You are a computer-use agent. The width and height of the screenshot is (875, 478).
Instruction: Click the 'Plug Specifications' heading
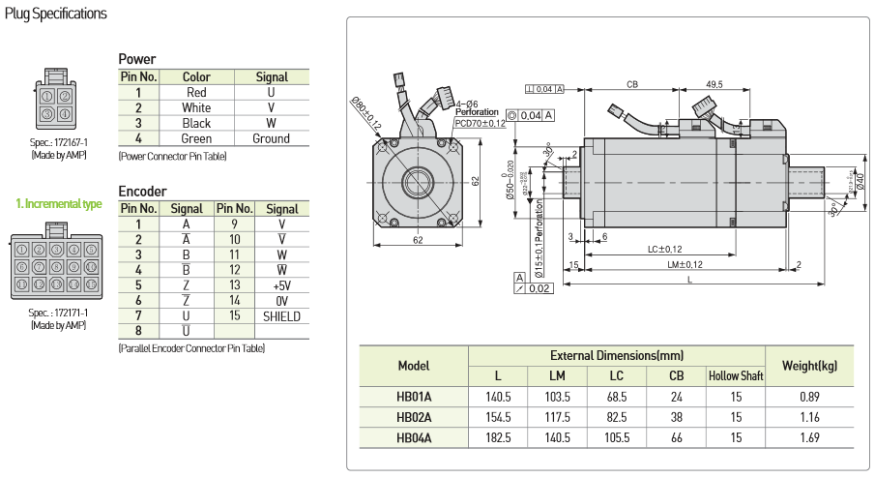(x=56, y=14)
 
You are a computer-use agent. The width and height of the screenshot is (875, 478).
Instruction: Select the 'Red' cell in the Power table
(x=196, y=93)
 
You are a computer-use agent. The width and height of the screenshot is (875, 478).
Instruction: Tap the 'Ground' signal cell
(x=272, y=139)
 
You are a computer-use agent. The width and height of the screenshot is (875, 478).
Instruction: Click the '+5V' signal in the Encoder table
(x=281, y=285)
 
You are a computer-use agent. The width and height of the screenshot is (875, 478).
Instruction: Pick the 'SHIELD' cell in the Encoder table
(x=281, y=316)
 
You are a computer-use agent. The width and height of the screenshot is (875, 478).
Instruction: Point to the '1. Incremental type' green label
(x=59, y=204)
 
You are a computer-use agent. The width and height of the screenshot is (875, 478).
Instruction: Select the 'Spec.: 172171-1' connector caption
(x=58, y=313)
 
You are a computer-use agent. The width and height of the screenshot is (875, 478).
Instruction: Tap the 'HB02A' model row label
(x=414, y=417)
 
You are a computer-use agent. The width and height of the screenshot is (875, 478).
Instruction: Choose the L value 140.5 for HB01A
(x=497, y=396)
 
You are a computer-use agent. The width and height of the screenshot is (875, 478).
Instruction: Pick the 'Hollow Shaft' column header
(x=737, y=375)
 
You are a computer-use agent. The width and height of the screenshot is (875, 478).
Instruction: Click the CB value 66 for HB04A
(x=676, y=438)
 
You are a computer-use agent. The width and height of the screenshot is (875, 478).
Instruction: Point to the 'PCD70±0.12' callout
(x=481, y=123)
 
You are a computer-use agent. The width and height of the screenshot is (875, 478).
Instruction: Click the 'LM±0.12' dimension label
(x=684, y=264)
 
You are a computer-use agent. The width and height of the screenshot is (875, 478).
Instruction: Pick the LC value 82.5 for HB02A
(x=616, y=417)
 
